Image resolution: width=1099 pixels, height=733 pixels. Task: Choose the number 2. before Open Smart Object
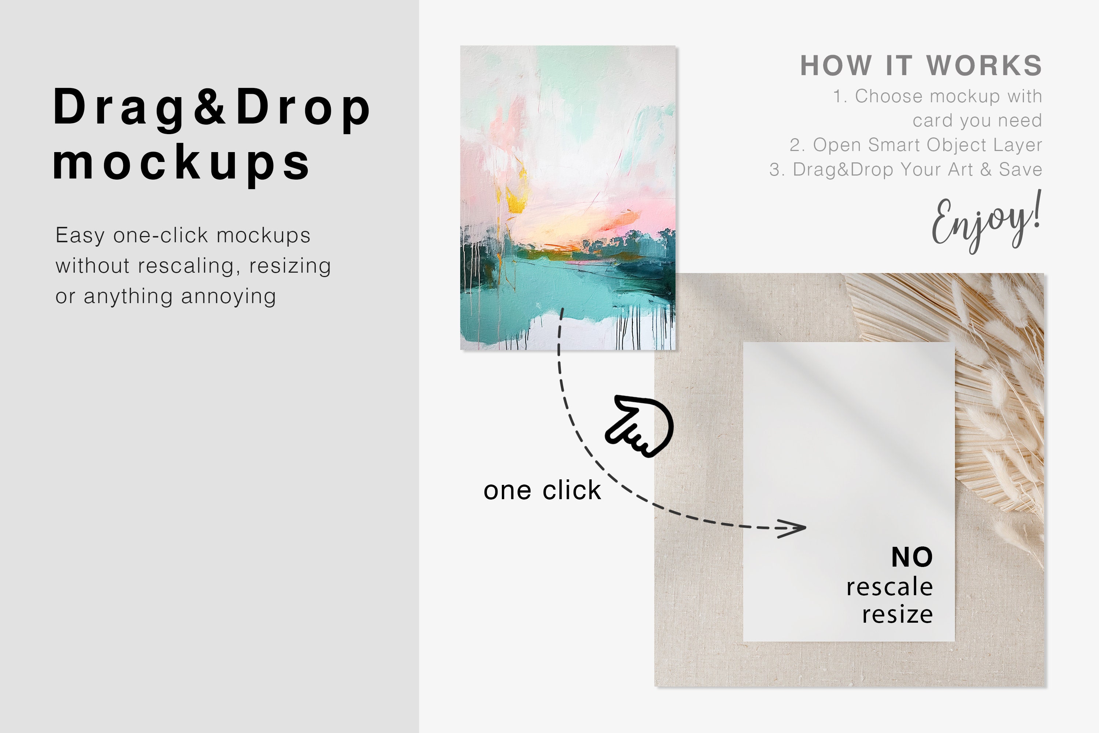click(797, 146)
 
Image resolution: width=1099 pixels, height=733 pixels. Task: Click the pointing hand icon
click(640, 426)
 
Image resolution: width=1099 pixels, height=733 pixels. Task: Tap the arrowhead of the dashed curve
click(794, 528)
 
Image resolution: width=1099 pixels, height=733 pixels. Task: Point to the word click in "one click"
click(571, 491)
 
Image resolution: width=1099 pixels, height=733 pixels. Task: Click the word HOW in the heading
click(836, 66)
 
